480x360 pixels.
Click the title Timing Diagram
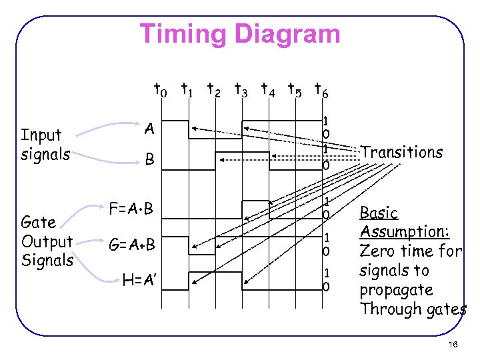[240, 33]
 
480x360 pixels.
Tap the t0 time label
[161, 88]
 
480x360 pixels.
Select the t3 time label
[241, 88]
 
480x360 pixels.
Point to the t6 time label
[321, 88]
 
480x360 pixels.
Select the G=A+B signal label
[133, 245]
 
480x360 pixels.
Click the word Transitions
[401, 152]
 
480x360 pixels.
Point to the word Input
[41, 135]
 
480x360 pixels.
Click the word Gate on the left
[38, 223]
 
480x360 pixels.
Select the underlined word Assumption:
[405, 232]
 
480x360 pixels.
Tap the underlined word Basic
[379, 213]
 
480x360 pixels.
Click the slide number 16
[453, 344]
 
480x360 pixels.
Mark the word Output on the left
[47, 241]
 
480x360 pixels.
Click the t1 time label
[187, 88]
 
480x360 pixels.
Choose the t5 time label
[294, 88]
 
